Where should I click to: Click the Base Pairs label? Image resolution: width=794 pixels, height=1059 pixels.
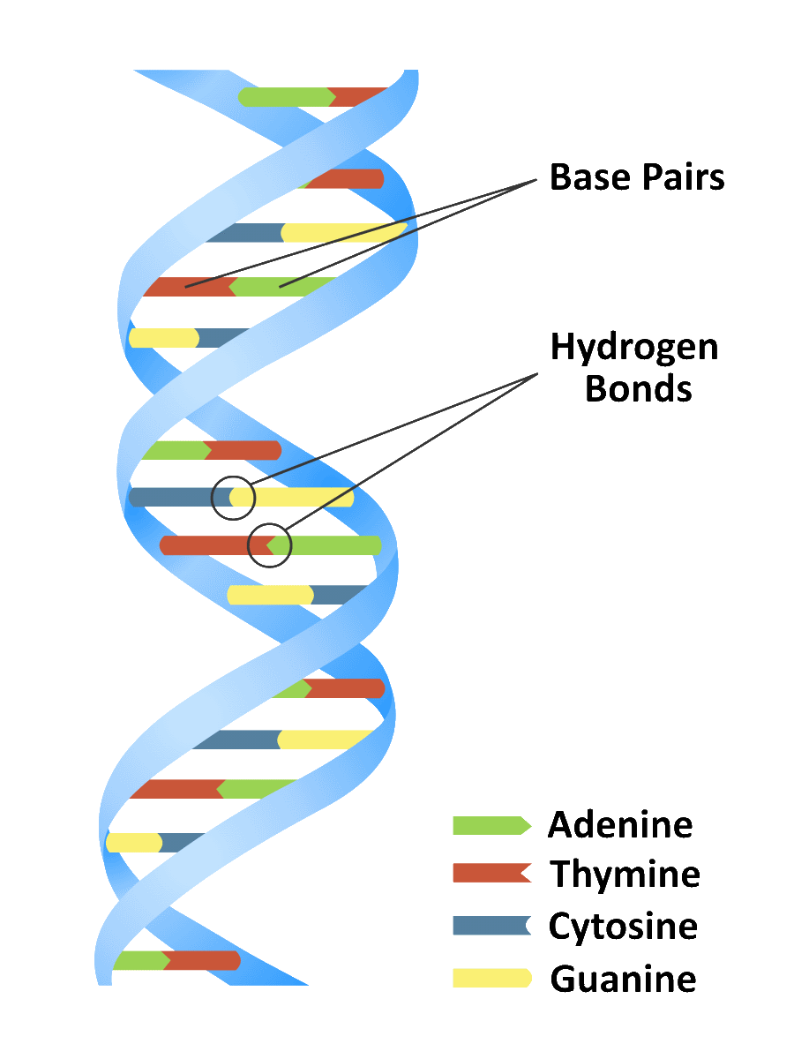click(636, 177)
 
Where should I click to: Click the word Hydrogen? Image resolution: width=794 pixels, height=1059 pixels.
click(634, 349)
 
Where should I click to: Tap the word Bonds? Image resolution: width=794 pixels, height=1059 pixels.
click(638, 388)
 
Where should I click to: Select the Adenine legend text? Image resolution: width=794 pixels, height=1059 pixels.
click(620, 824)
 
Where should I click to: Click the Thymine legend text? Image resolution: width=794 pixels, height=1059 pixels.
click(625, 874)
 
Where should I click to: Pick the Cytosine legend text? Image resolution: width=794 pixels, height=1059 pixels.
click(623, 927)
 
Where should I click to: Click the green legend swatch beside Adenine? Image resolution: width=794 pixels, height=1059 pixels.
click(491, 825)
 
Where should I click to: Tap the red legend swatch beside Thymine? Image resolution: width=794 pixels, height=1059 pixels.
click(491, 874)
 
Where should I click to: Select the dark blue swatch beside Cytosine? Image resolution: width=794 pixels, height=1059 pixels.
click(491, 926)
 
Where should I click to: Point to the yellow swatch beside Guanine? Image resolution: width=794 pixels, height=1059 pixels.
click(491, 978)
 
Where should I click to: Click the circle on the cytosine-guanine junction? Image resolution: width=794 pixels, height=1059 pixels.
click(233, 498)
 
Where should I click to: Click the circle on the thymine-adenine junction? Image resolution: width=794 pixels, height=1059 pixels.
click(269, 545)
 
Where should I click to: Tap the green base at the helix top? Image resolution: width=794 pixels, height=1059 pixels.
click(287, 97)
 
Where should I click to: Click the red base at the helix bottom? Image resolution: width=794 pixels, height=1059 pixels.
click(201, 960)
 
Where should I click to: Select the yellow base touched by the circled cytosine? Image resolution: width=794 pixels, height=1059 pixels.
click(291, 497)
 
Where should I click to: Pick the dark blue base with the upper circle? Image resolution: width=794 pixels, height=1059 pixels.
click(181, 497)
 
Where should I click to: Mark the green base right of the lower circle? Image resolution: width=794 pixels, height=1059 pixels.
click(324, 545)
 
